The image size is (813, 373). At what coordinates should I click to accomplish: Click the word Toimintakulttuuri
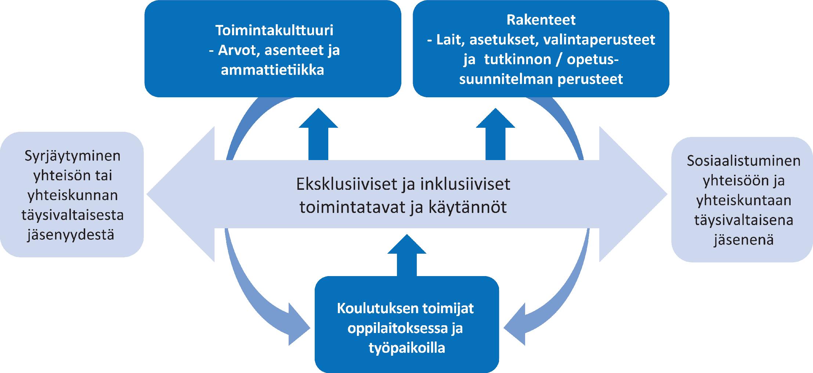274,30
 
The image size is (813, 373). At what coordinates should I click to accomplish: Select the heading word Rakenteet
541,20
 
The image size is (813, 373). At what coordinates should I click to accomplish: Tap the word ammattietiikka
272,70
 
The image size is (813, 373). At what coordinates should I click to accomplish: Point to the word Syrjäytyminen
72,156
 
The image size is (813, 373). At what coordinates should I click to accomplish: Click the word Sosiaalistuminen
744,161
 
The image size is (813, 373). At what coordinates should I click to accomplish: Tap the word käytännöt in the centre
467,207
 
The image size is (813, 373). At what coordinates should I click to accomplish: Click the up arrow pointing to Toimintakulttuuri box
318,134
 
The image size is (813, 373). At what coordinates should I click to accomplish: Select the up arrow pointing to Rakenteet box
496,134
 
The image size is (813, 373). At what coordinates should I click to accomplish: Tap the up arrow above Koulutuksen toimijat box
407,256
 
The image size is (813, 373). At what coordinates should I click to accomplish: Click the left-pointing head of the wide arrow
181,194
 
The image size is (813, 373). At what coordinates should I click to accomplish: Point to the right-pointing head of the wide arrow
633,194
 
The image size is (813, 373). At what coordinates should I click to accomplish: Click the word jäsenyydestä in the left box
71,235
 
